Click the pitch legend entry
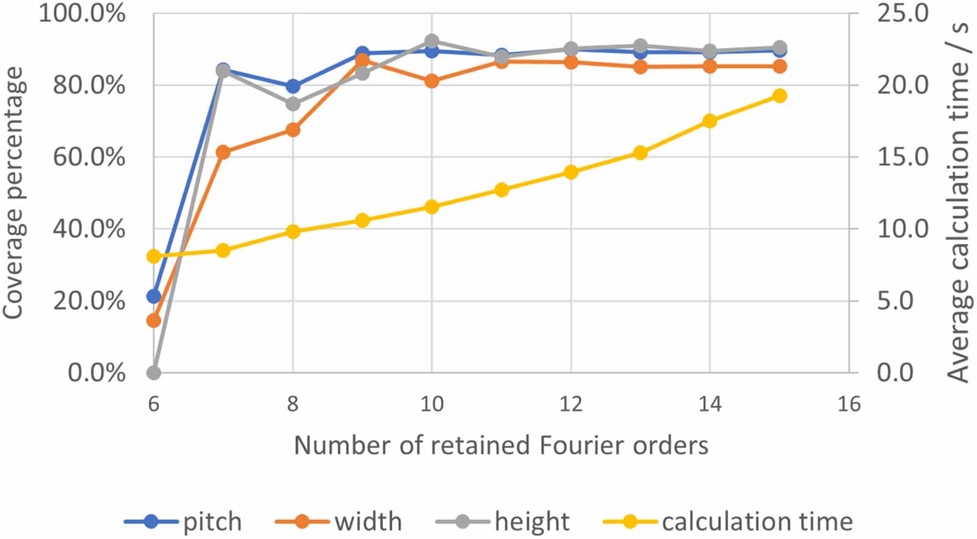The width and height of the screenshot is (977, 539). [x=183, y=521]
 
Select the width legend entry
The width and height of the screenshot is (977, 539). [x=338, y=521]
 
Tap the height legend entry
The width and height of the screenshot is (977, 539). [x=503, y=521]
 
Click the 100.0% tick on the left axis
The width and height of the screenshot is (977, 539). [x=82, y=13]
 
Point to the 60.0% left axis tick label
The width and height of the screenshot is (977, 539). [x=88, y=157]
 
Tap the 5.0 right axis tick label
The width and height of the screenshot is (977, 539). [x=895, y=301]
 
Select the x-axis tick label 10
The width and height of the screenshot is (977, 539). [x=432, y=404]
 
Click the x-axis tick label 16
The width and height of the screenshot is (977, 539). [x=849, y=404]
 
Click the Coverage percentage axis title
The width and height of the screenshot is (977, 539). [x=13, y=193]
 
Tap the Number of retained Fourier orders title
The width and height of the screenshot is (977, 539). [x=501, y=446]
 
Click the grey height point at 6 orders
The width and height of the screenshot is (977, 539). [x=154, y=372]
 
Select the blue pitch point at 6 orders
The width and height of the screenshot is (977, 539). [x=154, y=296]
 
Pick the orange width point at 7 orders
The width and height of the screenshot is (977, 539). [x=223, y=152]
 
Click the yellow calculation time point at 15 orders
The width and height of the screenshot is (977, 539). [x=779, y=96]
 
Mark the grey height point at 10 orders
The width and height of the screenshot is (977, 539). [x=432, y=42]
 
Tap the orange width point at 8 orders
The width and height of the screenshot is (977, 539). [x=293, y=130]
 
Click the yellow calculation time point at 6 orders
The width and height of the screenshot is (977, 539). [x=154, y=256]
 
